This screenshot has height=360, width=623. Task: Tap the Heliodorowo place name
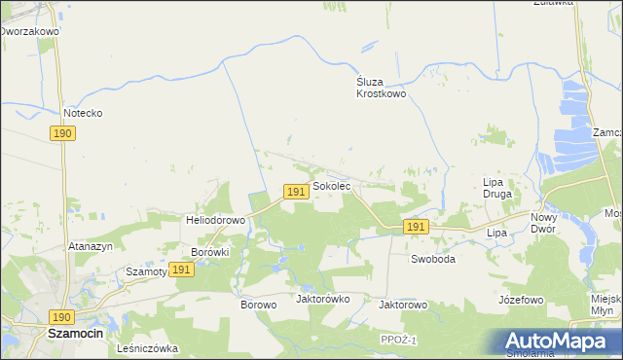pos(215,220)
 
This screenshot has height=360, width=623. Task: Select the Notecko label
pos(83,113)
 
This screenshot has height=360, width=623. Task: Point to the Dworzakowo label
pos(29,31)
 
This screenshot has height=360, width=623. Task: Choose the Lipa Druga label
pos(498,188)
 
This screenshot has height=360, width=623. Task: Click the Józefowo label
pos(520,300)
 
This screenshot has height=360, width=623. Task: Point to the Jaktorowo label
pos(403,304)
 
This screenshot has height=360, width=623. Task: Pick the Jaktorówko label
pos(322,299)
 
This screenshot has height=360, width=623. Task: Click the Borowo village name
pos(259,304)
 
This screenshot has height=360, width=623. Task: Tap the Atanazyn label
pos(92,247)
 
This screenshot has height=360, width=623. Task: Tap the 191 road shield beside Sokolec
pos(297,193)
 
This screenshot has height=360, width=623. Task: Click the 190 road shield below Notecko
pos(63,133)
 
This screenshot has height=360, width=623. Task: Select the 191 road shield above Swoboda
pos(416,227)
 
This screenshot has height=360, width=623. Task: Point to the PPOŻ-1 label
pos(399,339)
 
